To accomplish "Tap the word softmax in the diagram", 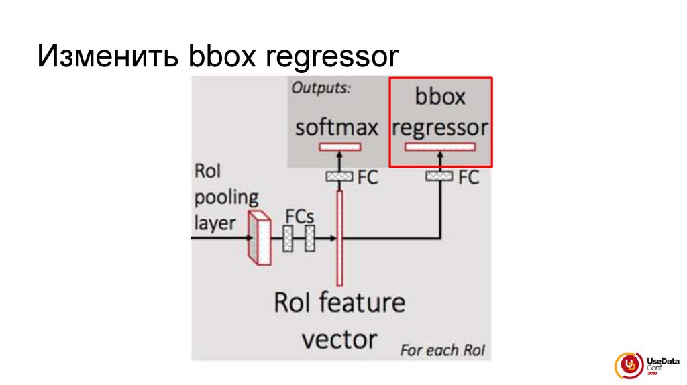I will (x=337, y=127).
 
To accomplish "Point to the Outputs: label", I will (x=321, y=88).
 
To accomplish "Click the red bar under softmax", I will (x=340, y=146).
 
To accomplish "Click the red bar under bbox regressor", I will (x=440, y=147).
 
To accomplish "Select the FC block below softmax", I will (x=339, y=176).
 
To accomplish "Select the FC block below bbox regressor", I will (x=440, y=176).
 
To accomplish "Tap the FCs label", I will (x=300, y=217).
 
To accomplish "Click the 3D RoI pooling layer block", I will (x=259, y=238).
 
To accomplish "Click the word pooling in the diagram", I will (x=225, y=198).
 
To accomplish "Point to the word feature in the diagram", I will (x=362, y=302).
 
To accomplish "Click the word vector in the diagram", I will (x=339, y=338).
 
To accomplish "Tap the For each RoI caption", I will (x=442, y=350).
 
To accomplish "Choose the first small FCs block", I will (x=288, y=238).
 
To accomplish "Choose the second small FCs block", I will (x=309, y=238).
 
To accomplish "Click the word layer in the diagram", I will (x=215, y=222).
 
